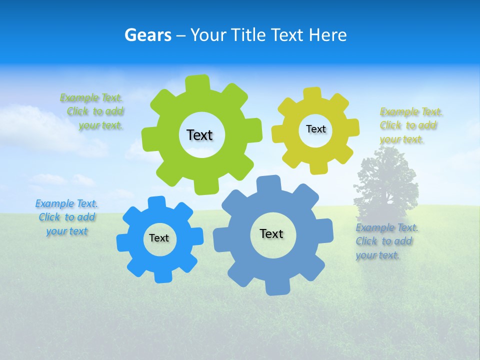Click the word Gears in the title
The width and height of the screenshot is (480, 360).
pyautogui.click(x=147, y=35)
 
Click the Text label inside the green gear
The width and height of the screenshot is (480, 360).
pyautogui.click(x=199, y=135)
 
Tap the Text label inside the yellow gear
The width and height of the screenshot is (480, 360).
pyautogui.click(x=315, y=129)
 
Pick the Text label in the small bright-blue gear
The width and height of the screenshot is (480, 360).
pyautogui.click(x=159, y=238)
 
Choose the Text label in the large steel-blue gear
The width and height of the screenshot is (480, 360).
pyautogui.click(x=271, y=233)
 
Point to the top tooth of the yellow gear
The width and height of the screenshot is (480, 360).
pyautogui.click(x=312, y=93)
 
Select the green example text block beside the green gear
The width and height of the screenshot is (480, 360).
pyautogui.click(x=92, y=111)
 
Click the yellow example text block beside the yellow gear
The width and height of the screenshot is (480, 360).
pyautogui.click(x=410, y=125)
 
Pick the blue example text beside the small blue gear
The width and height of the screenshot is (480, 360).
pyautogui.click(x=67, y=217)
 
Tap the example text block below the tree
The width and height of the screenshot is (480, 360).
pyautogui.click(x=386, y=241)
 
